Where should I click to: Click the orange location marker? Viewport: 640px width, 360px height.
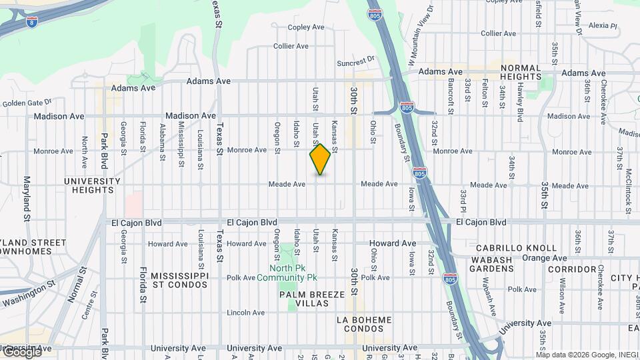click(321, 159)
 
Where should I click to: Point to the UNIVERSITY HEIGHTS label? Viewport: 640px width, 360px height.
click(93, 185)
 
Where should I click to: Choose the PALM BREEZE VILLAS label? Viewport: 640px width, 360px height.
click(312, 299)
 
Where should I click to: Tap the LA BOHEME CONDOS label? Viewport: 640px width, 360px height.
click(364, 325)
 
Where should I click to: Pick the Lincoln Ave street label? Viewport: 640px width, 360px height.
click(247, 313)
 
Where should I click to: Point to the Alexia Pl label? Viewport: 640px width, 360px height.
click(603, 25)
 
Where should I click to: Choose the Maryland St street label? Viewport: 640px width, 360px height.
click(27, 199)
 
